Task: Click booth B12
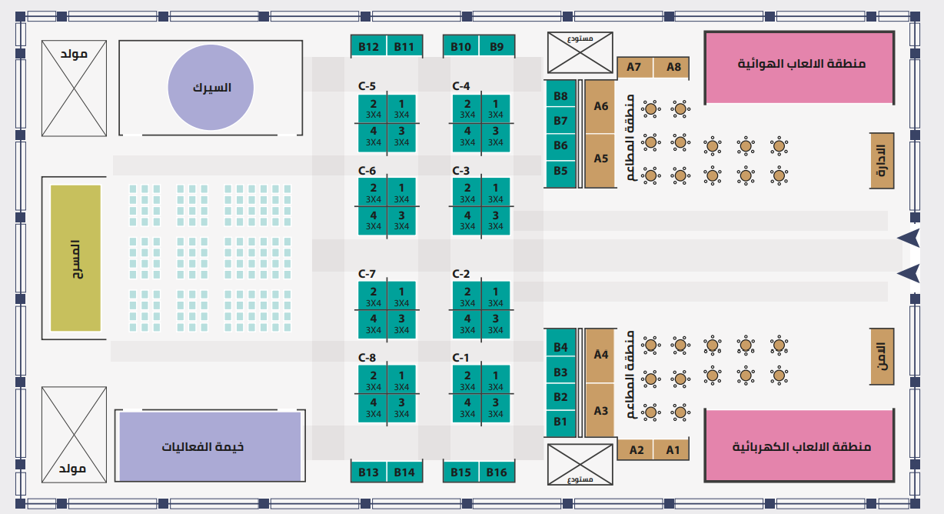pyautogui.click(x=368, y=47)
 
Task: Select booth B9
pyautogui.click(x=497, y=47)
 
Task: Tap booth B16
pyautogui.click(x=497, y=472)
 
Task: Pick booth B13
pyautogui.click(x=368, y=472)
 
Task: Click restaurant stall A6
pyautogui.click(x=600, y=106)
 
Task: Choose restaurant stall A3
pyautogui.click(x=600, y=411)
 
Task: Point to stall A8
pyautogui.click(x=673, y=67)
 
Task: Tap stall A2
pyautogui.click(x=637, y=449)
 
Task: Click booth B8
pyautogui.click(x=560, y=96)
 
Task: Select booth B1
pyautogui.click(x=560, y=422)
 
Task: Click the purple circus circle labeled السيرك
pyautogui.click(x=211, y=88)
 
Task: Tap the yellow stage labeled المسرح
pyautogui.click(x=76, y=258)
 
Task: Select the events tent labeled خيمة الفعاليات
pyautogui.click(x=209, y=446)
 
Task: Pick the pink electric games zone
pyautogui.click(x=799, y=446)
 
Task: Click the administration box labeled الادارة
pyautogui.click(x=882, y=161)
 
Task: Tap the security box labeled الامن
pyautogui.click(x=882, y=355)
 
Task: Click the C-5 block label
pyautogui.click(x=367, y=86)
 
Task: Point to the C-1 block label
pyautogui.click(x=460, y=358)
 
